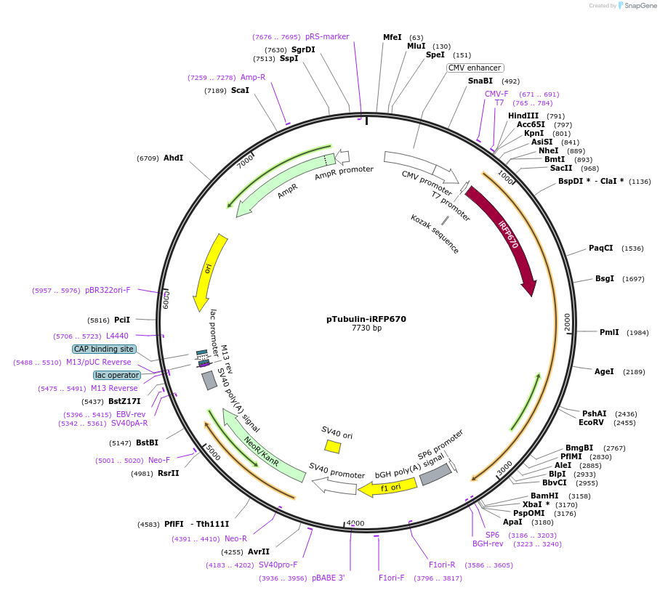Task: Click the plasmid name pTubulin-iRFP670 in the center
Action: pyautogui.click(x=366, y=319)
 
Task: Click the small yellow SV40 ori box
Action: pyautogui.click(x=333, y=446)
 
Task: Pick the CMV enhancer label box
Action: pyautogui.click(x=475, y=68)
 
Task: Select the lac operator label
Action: pyautogui.click(x=116, y=375)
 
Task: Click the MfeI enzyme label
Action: pyautogui.click(x=393, y=37)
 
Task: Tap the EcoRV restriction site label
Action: pyautogui.click(x=591, y=422)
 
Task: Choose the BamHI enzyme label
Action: pyautogui.click(x=544, y=496)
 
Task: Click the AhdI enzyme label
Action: pyautogui.click(x=173, y=158)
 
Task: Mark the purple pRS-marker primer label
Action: pyautogui.click(x=327, y=36)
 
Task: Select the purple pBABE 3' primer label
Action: pyautogui.click(x=328, y=578)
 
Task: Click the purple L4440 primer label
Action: pyautogui.click(x=117, y=336)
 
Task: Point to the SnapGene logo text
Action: pyautogui.click(x=640, y=6)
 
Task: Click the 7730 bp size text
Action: pyautogui.click(x=366, y=328)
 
